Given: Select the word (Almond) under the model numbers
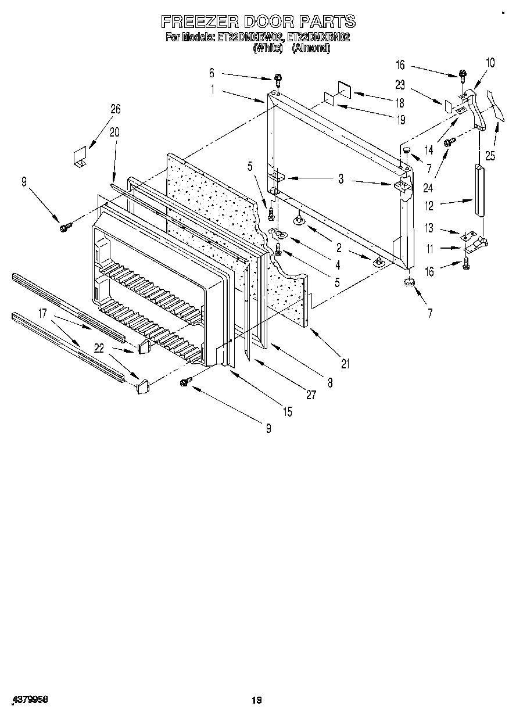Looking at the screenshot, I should coord(311,49).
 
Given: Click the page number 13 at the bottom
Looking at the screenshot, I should coord(257,701).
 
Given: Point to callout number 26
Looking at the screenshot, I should coord(115,109).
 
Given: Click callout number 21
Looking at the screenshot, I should coord(346,364).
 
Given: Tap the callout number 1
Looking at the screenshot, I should coord(213,89).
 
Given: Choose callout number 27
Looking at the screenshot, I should coord(311,395).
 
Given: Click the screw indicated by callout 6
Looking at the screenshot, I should coord(278,80).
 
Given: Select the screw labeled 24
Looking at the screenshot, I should coord(449,142).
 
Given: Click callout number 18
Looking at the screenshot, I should coord(400,103).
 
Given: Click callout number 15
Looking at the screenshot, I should coord(287,412).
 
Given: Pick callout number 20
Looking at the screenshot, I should coord(114,132).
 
